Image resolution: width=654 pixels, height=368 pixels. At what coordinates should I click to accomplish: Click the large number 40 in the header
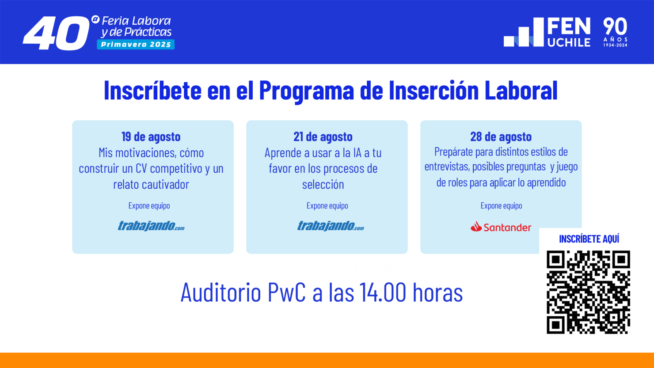click(55, 34)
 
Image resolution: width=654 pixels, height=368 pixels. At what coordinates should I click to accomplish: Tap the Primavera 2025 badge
click(136, 45)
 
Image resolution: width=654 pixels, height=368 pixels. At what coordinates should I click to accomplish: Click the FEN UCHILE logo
click(548, 32)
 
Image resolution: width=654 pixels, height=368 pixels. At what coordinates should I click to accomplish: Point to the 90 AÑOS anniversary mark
click(615, 32)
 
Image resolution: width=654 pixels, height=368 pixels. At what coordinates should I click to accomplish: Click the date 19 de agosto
click(151, 137)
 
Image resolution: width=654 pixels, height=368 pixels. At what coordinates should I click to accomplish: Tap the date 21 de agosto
click(323, 137)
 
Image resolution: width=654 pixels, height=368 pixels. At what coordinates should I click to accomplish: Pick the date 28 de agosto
click(501, 137)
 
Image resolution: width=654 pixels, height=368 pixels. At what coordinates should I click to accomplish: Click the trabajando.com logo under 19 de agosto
click(151, 226)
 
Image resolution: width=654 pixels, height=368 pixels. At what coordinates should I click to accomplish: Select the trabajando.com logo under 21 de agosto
click(331, 226)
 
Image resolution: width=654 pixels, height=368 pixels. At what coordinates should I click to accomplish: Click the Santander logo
click(501, 227)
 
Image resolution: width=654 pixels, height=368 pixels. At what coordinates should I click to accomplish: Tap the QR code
click(588, 292)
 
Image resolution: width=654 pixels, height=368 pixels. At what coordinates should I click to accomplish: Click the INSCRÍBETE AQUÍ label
click(589, 239)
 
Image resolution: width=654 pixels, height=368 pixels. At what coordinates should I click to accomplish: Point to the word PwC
click(287, 292)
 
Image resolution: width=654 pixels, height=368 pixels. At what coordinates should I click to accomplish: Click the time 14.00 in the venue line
click(383, 292)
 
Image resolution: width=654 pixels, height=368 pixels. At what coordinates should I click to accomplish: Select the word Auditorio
click(221, 292)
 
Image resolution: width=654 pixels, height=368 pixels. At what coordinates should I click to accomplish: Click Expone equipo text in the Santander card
click(501, 205)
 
